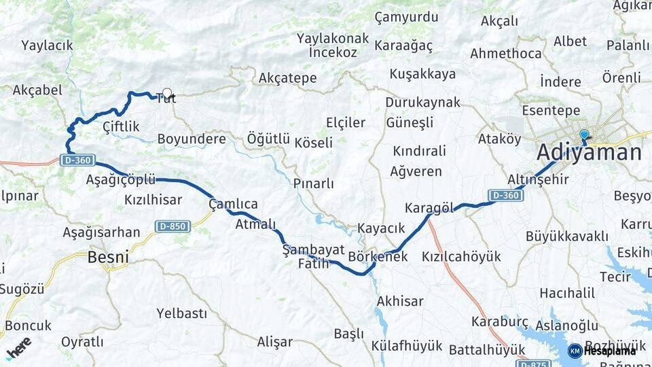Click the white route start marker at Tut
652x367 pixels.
click(166, 93)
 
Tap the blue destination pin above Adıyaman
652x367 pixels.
click(583, 135)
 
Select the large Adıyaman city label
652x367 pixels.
click(589, 152)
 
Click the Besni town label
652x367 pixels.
click(108, 258)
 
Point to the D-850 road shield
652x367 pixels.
click(172, 226)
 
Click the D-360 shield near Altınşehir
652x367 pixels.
click(505, 195)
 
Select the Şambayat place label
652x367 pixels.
click(314, 249)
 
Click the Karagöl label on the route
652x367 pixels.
click(429, 207)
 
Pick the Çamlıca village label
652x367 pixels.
click(233, 204)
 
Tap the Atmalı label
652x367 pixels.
click(255, 224)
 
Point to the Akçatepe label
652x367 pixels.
click(287, 78)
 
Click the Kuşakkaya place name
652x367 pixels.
click(422, 74)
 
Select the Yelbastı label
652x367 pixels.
click(181, 313)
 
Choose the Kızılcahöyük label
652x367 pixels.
click(461, 256)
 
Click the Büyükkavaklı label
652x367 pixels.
click(566, 236)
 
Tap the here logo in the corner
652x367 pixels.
click(18, 349)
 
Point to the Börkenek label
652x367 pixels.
click(378, 256)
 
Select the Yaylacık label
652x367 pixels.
click(47, 46)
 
